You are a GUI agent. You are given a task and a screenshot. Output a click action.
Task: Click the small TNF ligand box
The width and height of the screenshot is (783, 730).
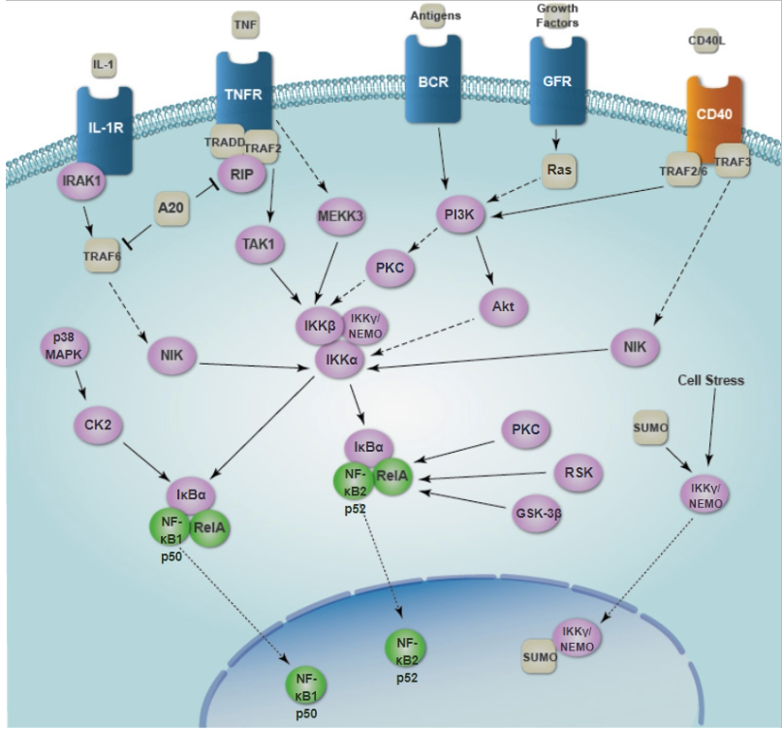click(x=245, y=21)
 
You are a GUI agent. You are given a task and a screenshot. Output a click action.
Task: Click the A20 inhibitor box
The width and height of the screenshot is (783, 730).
click(x=171, y=206)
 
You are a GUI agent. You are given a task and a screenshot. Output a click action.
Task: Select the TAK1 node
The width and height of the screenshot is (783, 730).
click(x=259, y=246)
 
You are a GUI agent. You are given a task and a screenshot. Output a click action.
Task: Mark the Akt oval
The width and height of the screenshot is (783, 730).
click(x=504, y=309)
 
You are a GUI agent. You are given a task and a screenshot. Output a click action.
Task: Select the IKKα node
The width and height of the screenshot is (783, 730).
click(x=342, y=360)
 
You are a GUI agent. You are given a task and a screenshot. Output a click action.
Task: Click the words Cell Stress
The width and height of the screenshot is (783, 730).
click(x=711, y=381)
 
